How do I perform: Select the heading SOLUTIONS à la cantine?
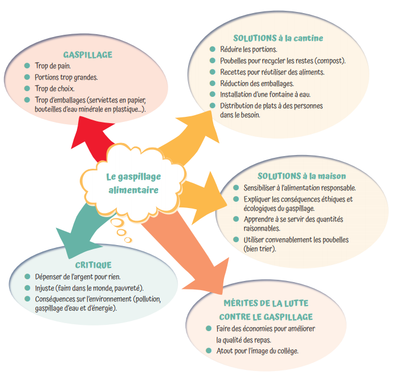coord(278,38)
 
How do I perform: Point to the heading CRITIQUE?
coord(93,265)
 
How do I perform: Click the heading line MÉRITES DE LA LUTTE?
coord(265,304)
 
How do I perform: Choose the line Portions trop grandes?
coord(66,78)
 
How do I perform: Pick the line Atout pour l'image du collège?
coord(257,351)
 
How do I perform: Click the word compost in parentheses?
coord(329,61)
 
